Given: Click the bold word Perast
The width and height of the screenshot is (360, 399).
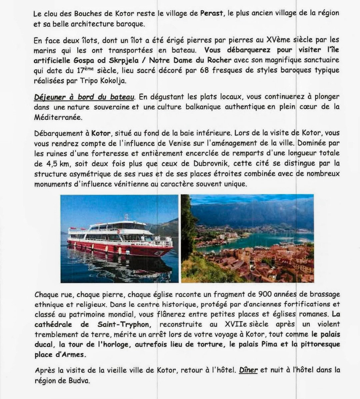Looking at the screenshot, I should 211,13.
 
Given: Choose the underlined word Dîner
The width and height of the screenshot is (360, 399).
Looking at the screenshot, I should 248,370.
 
